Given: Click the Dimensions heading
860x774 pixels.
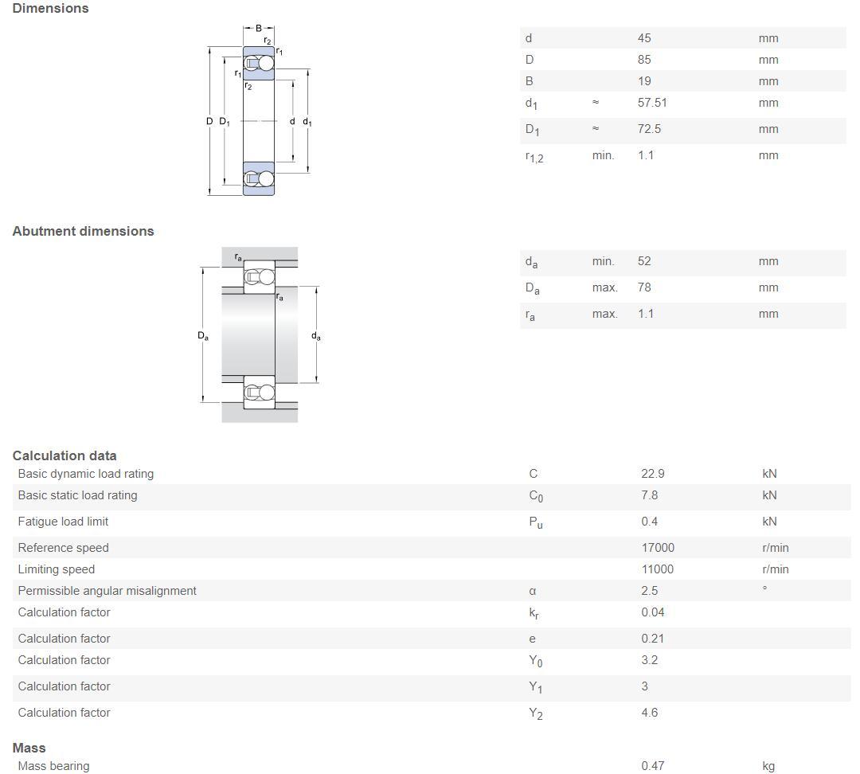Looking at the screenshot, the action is (50, 8).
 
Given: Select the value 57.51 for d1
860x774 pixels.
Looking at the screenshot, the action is (652, 103).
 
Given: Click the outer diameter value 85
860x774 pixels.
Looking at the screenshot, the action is (644, 60).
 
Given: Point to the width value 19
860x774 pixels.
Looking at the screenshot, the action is (644, 81).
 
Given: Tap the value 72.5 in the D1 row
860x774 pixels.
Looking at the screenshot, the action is (649, 129).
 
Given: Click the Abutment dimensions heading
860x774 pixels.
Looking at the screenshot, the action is (84, 231).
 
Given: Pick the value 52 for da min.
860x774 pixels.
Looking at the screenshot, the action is (644, 261).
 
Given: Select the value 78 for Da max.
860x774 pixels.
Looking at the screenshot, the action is (644, 287).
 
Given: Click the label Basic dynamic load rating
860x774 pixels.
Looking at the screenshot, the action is (85, 474).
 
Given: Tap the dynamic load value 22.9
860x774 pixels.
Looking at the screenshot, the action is (653, 474).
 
